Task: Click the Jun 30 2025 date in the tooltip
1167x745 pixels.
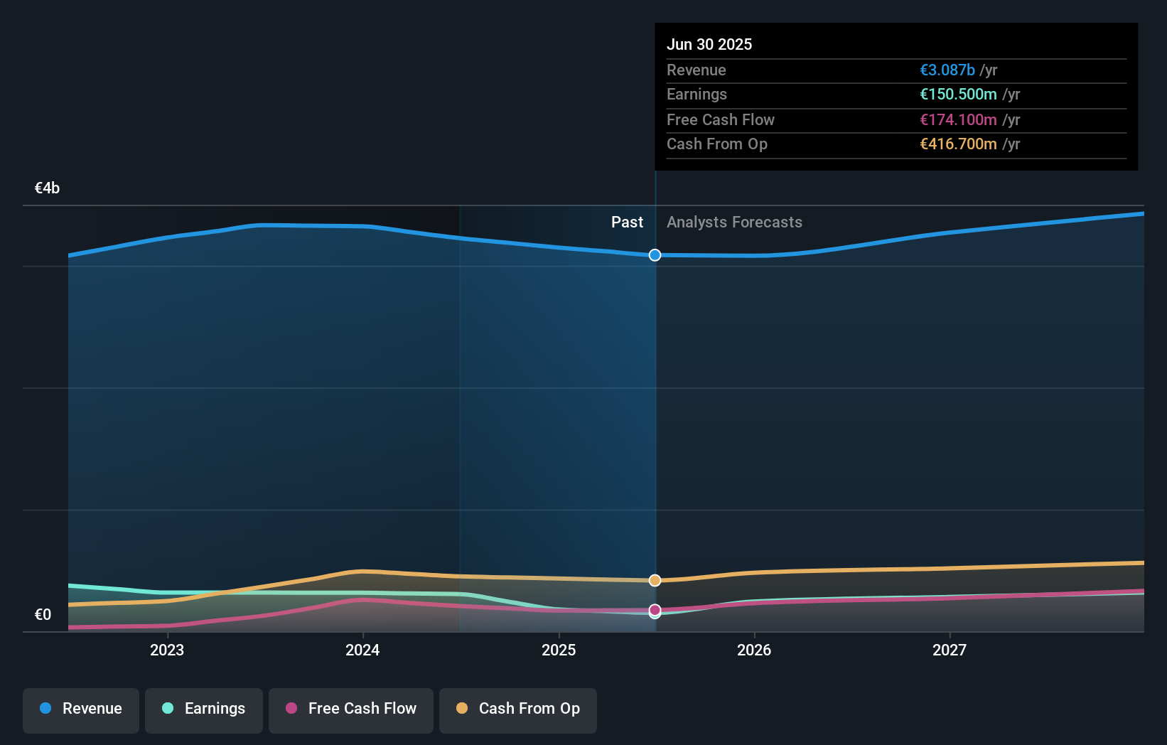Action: point(709,44)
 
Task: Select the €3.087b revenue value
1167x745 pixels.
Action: point(947,70)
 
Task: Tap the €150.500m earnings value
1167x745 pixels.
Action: point(957,94)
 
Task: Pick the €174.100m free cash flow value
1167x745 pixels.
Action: point(957,119)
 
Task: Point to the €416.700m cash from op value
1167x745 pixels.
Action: point(957,144)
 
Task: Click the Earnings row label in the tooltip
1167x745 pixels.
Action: point(697,94)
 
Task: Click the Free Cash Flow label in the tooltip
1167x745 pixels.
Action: point(720,119)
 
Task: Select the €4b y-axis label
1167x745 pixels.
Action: point(47,188)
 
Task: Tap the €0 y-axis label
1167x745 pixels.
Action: point(43,614)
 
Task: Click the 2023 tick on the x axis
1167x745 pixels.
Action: point(167,650)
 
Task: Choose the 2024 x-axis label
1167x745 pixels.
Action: point(362,650)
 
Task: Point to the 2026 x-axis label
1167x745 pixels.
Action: point(754,650)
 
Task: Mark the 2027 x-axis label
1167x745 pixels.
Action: point(950,650)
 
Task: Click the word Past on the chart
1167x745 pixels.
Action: point(627,222)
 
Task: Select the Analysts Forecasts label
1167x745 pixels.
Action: point(734,222)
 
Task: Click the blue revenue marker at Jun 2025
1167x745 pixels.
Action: point(655,255)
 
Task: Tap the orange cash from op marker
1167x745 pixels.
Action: point(655,581)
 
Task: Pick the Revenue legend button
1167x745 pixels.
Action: point(81,709)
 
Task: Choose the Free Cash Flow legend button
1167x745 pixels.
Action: point(351,709)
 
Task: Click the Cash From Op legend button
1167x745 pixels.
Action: point(518,709)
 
